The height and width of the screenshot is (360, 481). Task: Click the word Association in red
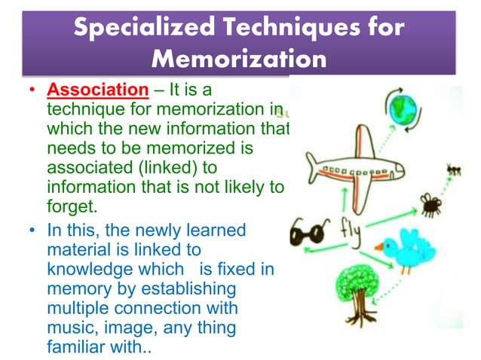point(98,90)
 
